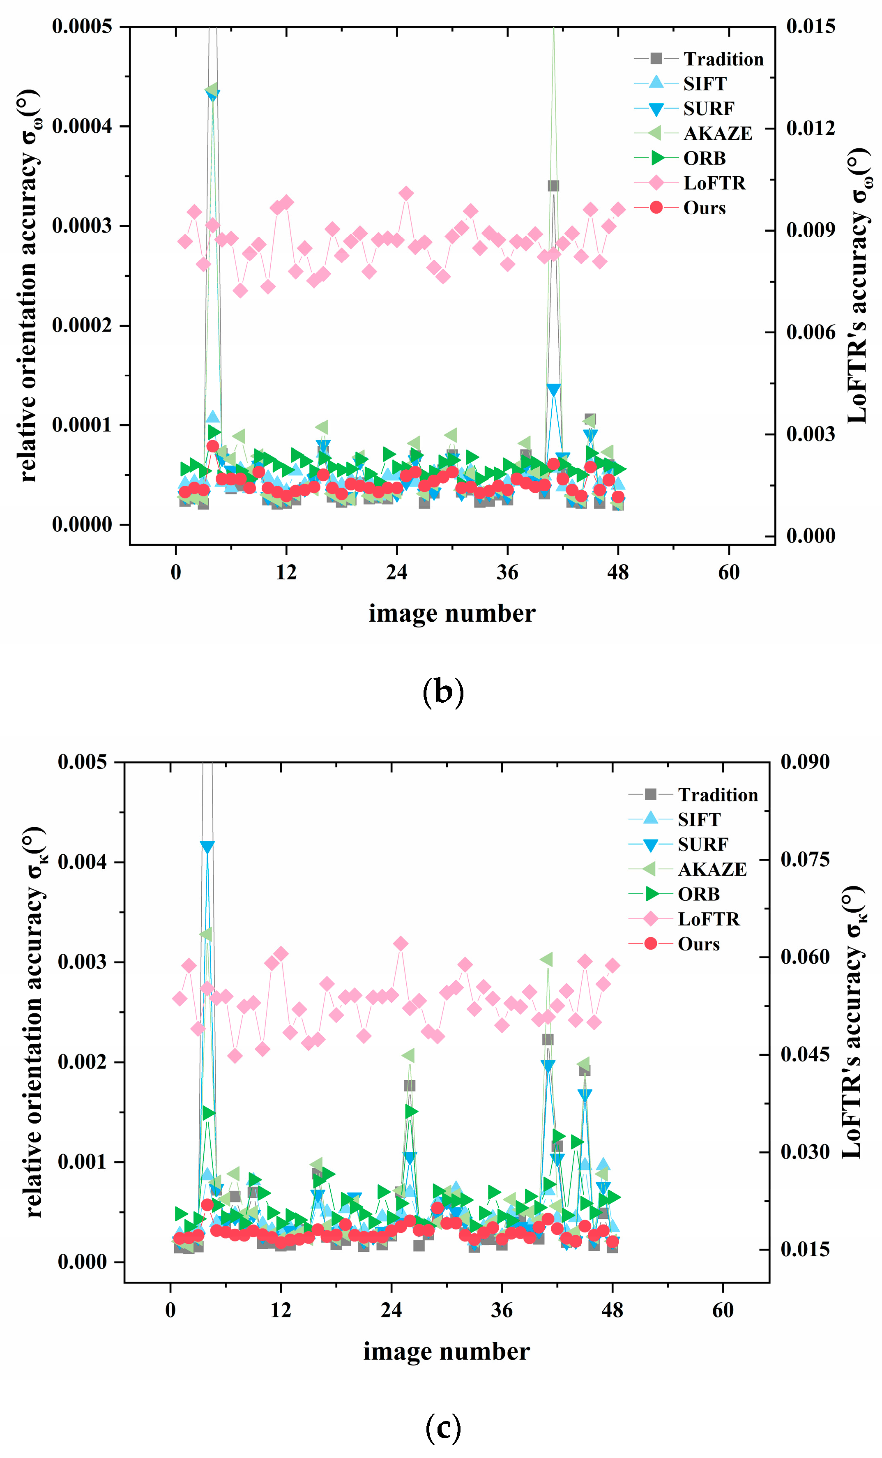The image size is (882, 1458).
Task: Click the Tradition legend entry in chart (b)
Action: pyautogui.click(x=723, y=59)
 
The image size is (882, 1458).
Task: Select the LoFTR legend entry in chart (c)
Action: pyautogui.click(x=708, y=919)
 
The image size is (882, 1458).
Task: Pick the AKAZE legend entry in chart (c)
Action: pyautogui.click(x=712, y=869)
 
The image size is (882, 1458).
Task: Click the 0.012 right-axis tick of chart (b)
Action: pyautogui.click(x=811, y=128)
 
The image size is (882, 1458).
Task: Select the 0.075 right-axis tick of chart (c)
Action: pyautogui.click(x=804, y=859)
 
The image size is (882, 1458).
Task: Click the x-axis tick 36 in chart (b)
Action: pyautogui.click(x=507, y=573)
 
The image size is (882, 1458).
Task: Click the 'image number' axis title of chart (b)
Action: pyautogui.click(x=452, y=614)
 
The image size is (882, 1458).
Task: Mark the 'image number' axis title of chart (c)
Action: pyautogui.click(x=446, y=1352)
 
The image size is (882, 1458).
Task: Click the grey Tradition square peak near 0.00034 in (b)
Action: pyautogui.click(x=553, y=186)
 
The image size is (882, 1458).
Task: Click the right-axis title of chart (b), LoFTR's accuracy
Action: pyautogui.click(x=858, y=285)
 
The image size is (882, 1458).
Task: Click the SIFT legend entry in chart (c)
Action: pyautogui.click(x=699, y=819)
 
